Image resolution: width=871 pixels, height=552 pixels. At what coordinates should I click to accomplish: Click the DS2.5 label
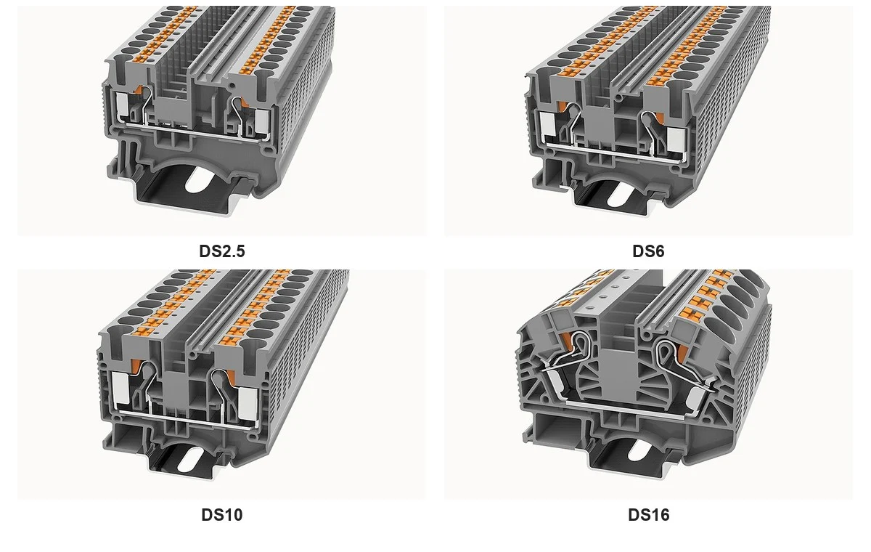click(x=222, y=251)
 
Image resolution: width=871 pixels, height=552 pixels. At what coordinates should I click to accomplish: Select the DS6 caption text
click(x=648, y=251)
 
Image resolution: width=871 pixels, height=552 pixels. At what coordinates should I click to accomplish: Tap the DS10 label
click(x=222, y=515)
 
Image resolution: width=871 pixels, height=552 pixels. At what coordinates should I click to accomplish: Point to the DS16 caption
click(x=649, y=515)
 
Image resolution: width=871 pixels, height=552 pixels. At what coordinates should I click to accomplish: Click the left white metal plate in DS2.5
click(x=122, y=105)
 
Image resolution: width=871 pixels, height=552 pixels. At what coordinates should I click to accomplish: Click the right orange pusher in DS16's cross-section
click(x=681, y=353)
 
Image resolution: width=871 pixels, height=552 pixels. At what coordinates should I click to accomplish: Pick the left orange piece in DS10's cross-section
click(x=136, y=365)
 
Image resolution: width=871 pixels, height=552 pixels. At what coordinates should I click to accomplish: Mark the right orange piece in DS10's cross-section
click(x=231, y=376)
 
